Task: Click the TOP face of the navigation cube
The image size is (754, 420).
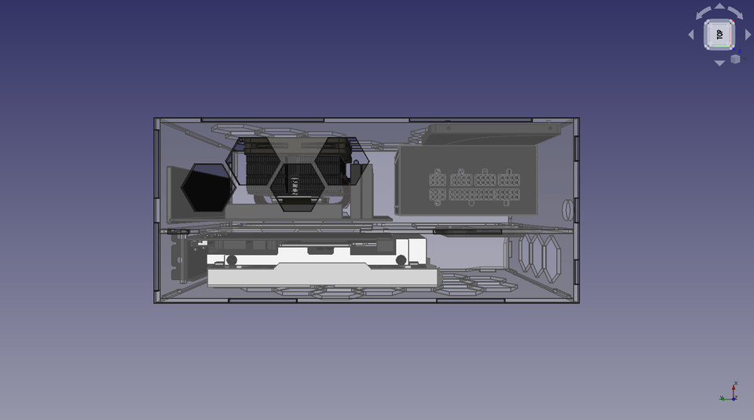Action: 719,35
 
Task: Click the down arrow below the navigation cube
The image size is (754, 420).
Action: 719,63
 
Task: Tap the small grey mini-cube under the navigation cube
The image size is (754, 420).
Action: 736,59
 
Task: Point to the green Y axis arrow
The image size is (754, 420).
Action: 723,398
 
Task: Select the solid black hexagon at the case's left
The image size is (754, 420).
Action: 207,188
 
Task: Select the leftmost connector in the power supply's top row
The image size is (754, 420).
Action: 437,178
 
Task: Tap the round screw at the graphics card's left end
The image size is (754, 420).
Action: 232,260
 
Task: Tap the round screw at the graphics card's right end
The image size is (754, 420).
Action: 401,260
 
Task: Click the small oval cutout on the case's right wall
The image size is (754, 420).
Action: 565,210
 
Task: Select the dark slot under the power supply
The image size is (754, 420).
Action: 467,232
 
